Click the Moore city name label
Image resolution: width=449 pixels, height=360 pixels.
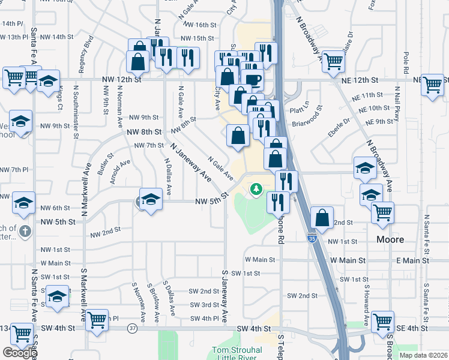pyautogui.click(x=390, y=239)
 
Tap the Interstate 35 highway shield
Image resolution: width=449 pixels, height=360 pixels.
pyautogui.click(x=311, y=238)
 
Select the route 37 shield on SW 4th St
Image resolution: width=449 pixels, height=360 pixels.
pyautogui.click(x=131, y=328)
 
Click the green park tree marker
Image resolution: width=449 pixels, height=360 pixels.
pyautogui.click(x=256, y=190)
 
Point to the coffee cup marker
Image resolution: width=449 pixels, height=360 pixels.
pyautogui.click(x=252, y=80)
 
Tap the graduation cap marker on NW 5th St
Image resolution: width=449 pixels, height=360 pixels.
pyautogui.click(x=151, y=200)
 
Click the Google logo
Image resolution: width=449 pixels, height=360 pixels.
pyautogui.click(x=20, y=353)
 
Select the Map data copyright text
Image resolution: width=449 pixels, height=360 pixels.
pyautogui.click(x=423, y=355)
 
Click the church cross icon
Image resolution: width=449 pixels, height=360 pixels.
pyautogui.click(x=24, y=231)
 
